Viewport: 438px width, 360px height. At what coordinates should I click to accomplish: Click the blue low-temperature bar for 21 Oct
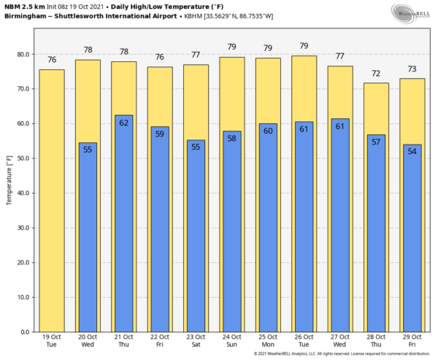click(123, 226)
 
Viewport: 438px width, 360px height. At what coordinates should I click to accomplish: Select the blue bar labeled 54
click(412, 241)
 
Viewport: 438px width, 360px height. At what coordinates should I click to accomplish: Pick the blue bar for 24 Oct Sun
click(231, 234)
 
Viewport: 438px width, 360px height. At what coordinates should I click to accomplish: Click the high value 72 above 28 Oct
click(376, 74)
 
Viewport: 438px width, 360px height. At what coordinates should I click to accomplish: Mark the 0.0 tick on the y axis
click(25, 332)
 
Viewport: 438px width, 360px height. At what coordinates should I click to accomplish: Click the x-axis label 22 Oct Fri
click(160, 341)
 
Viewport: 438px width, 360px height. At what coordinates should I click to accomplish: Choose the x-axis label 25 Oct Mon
click(267, 341)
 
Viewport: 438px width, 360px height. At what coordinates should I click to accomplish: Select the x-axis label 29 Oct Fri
click(412, 341)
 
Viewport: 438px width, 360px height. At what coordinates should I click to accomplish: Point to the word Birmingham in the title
click(28, 15)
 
